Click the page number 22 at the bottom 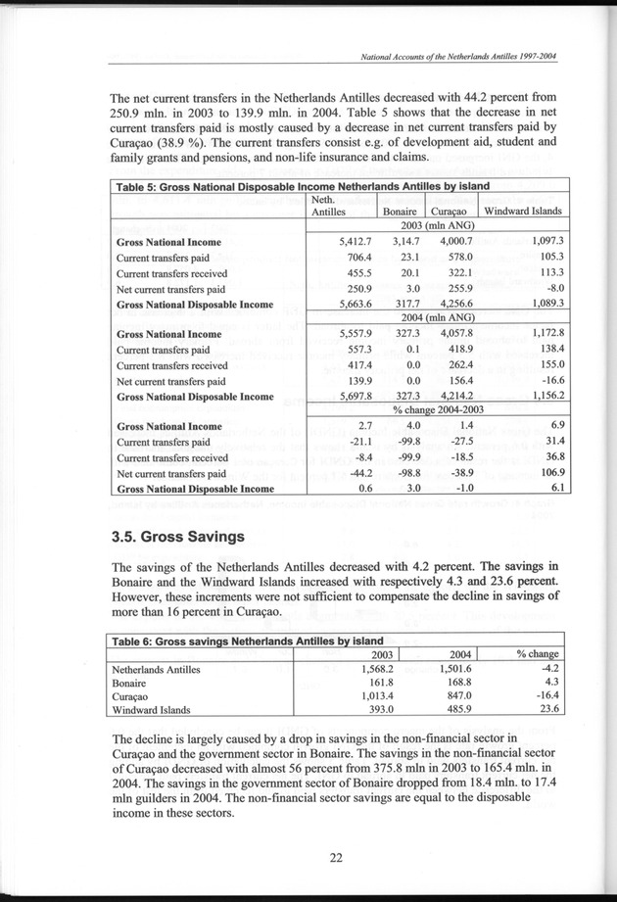(335, 858)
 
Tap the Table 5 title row (310, 186)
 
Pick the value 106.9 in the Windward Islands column (544, 473)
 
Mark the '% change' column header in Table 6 (538, 654)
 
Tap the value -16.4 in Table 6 (544, 694)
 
